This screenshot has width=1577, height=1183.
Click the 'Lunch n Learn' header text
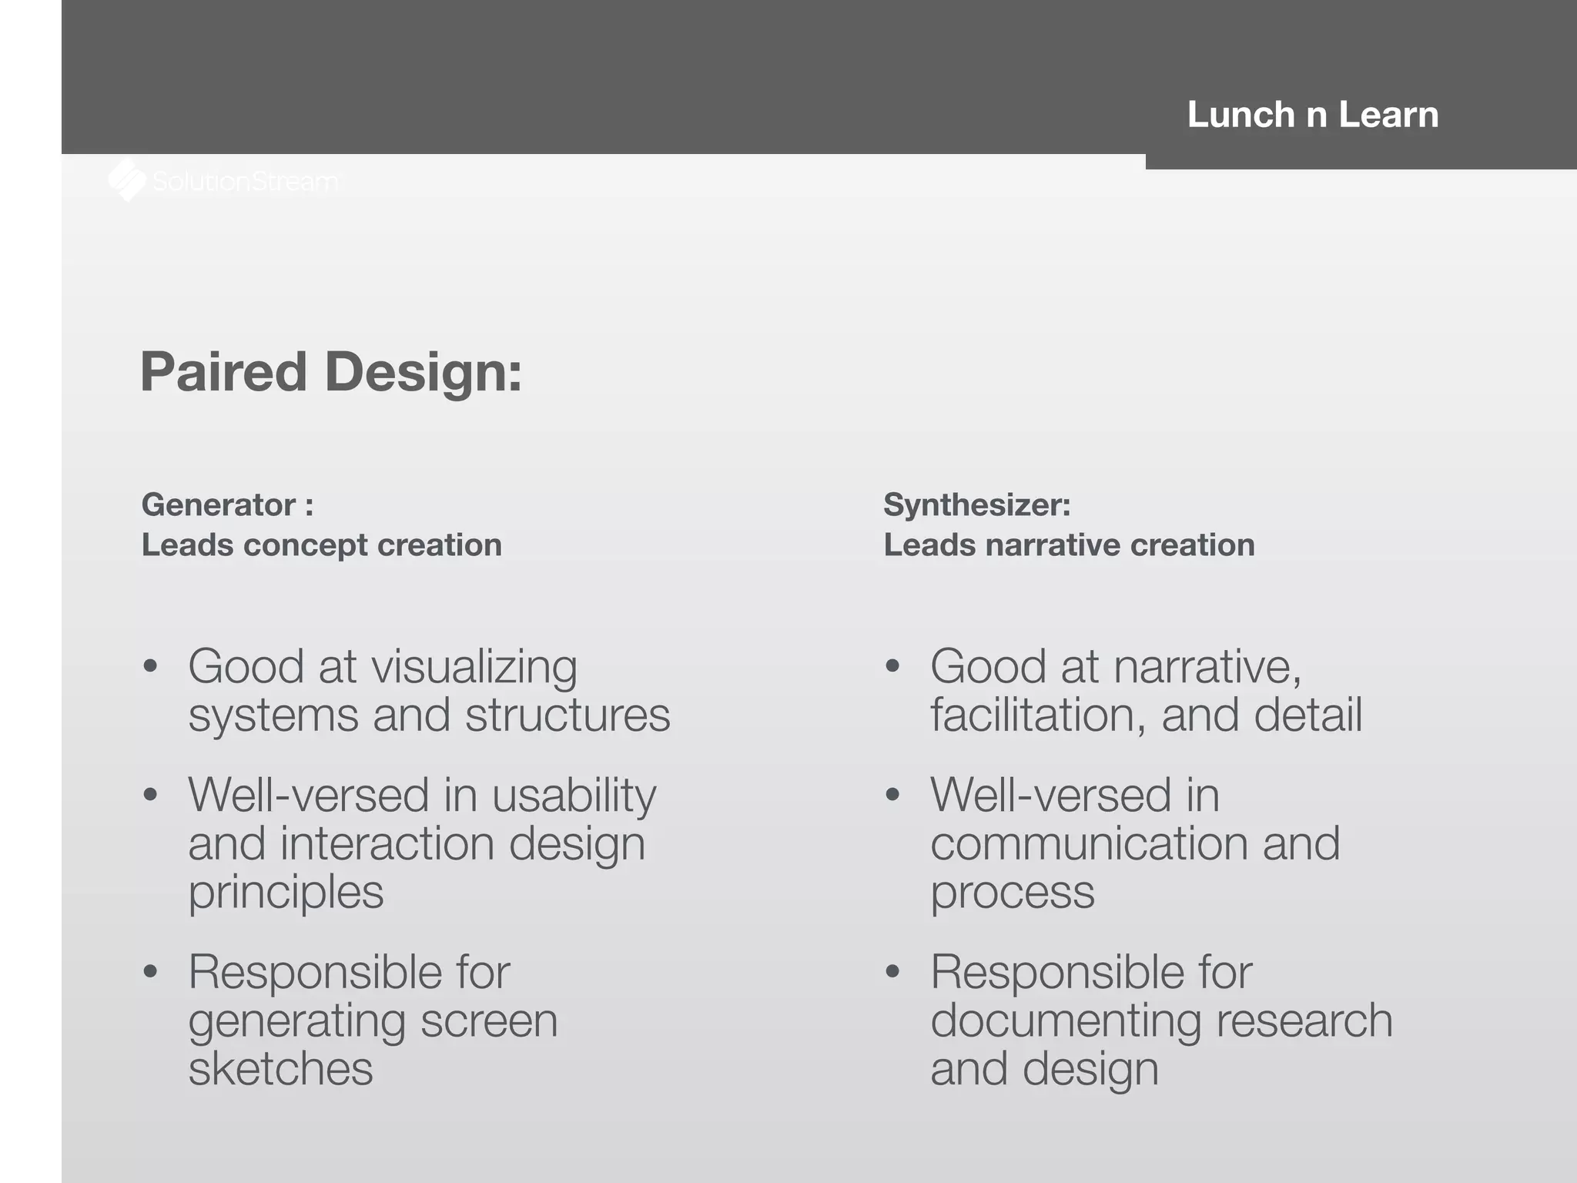tap(1313, 115)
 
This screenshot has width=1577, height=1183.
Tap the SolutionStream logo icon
tap(127, 180)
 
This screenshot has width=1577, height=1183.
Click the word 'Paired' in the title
tap(224, 372)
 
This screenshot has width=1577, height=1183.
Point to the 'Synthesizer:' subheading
tap(976, 505)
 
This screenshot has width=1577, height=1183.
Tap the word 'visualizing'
tap(474, 667)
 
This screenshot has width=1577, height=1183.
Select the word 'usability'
tap(574, 796)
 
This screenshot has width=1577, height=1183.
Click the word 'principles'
tap(286, 893)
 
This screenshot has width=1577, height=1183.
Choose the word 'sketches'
tap(280, 1069)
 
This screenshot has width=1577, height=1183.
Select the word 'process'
tap(1012, 893)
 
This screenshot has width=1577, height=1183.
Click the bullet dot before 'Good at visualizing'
tap(150, 666)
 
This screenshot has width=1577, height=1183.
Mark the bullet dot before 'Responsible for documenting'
tap(892, 972)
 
